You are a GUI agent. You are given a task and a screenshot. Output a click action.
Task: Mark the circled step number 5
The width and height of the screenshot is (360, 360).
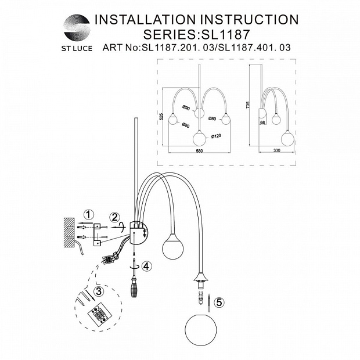[218, 302]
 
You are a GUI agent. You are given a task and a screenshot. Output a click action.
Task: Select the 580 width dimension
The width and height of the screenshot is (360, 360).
[199, 152]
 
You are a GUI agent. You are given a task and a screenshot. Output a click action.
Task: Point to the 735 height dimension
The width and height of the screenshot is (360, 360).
[248, 105]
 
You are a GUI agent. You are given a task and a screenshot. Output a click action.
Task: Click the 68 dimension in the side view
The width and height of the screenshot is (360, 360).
[262, 122]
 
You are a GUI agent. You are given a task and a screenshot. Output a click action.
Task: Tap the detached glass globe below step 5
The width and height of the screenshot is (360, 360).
[200, 329]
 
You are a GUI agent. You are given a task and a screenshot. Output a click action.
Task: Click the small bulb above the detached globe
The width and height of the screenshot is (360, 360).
[201, 300]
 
